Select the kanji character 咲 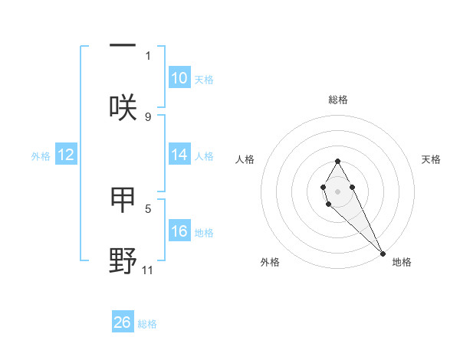123,107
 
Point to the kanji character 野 123,260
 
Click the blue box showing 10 179,78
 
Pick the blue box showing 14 179,155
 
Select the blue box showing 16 179,231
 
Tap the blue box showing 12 65,155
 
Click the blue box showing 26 123,322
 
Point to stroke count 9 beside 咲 148,116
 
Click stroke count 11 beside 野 148,270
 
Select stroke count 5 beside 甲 148,208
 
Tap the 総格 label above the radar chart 337,100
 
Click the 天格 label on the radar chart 431,159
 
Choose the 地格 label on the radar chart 402,262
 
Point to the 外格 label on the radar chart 270,262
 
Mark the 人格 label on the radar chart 245,159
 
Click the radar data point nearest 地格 383,252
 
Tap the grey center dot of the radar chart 337,190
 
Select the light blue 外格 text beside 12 40,155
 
